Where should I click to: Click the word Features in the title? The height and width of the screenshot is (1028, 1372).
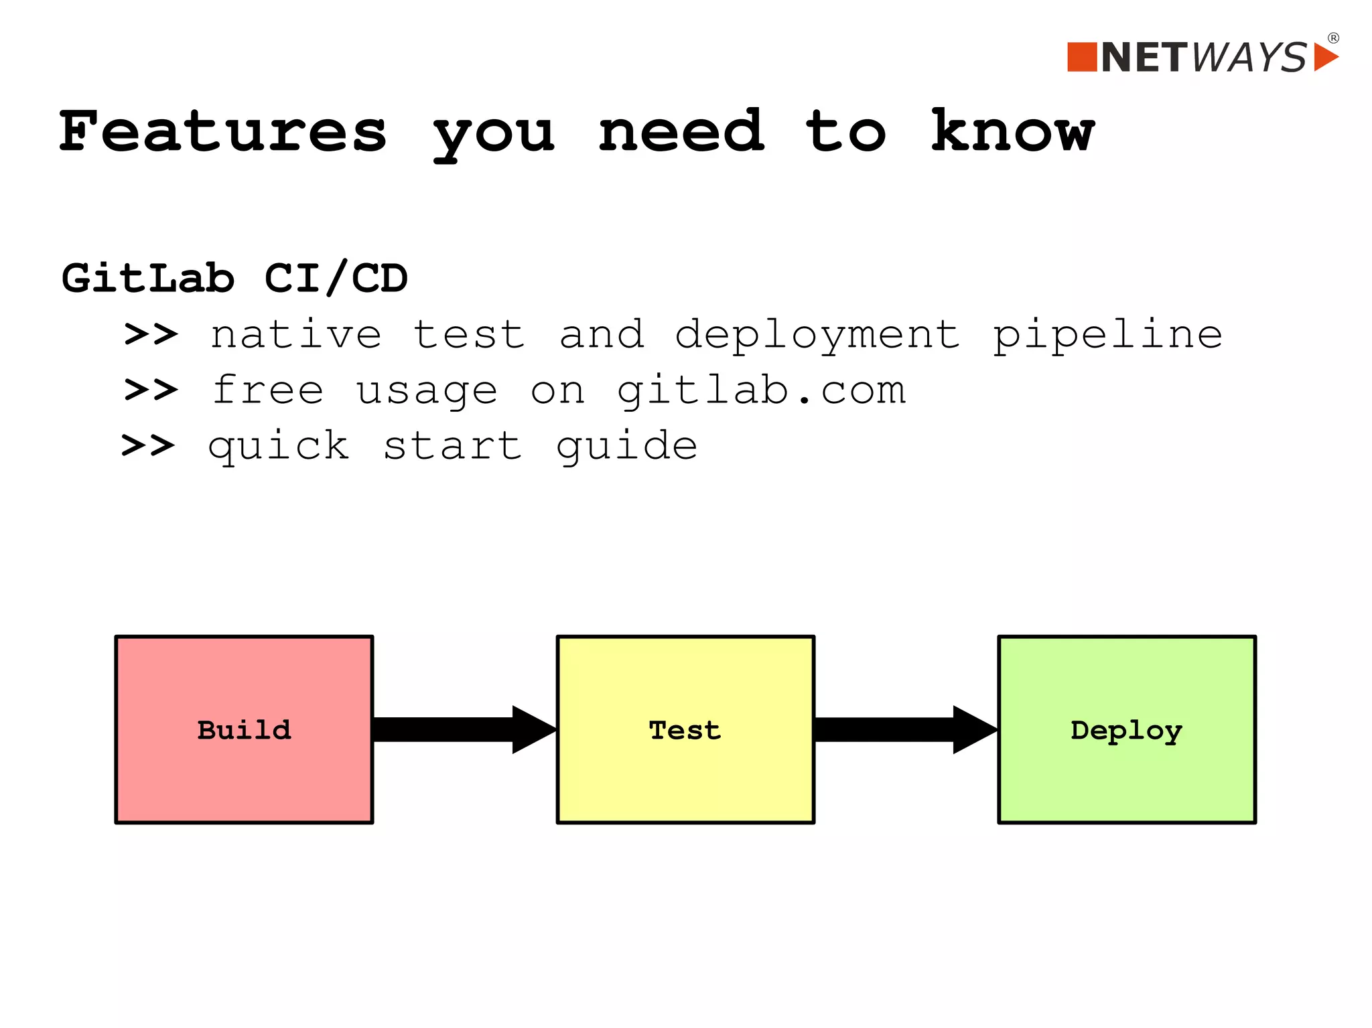(223, 131)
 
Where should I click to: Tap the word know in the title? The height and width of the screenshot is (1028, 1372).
(1012, 131)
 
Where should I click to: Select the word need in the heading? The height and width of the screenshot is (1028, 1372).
(681, 131)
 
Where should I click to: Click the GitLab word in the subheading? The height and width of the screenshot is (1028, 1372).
(148, 278)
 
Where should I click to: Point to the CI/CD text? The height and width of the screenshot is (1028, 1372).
(336, 278)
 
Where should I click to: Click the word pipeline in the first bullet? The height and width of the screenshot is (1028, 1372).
(1107, 335)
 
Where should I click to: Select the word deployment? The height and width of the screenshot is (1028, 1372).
(817, 335)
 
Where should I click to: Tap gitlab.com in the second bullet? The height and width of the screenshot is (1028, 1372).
(761, 390)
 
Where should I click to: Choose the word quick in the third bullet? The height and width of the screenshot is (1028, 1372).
(279, 447)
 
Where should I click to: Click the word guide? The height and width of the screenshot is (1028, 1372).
(627, 447)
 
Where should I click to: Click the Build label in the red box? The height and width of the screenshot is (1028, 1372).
(245, 730)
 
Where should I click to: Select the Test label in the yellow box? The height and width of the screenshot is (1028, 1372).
(685, 730)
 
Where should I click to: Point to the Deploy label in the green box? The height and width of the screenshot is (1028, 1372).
(1126, 731)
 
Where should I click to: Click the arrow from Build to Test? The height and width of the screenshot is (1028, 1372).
(464, 729)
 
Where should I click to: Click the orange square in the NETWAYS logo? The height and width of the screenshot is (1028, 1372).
(1081, 57)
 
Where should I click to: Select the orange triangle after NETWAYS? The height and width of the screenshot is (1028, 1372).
(1323, 57)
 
